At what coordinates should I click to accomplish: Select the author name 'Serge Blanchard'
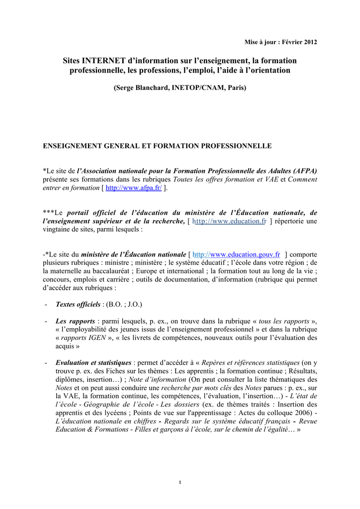click(x=142, y=87)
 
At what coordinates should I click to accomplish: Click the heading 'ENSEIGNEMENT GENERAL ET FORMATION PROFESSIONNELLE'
click(x=157, y=146)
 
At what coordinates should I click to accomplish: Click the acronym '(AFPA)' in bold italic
click(x=305, y=170)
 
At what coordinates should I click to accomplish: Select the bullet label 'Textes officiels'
click(x=78, y=304)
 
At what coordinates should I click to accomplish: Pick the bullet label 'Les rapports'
click(x=75, y=321)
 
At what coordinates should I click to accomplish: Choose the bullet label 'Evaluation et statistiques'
click(x=93, y=362)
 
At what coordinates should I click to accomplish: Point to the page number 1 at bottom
click(x=180, y=483)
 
